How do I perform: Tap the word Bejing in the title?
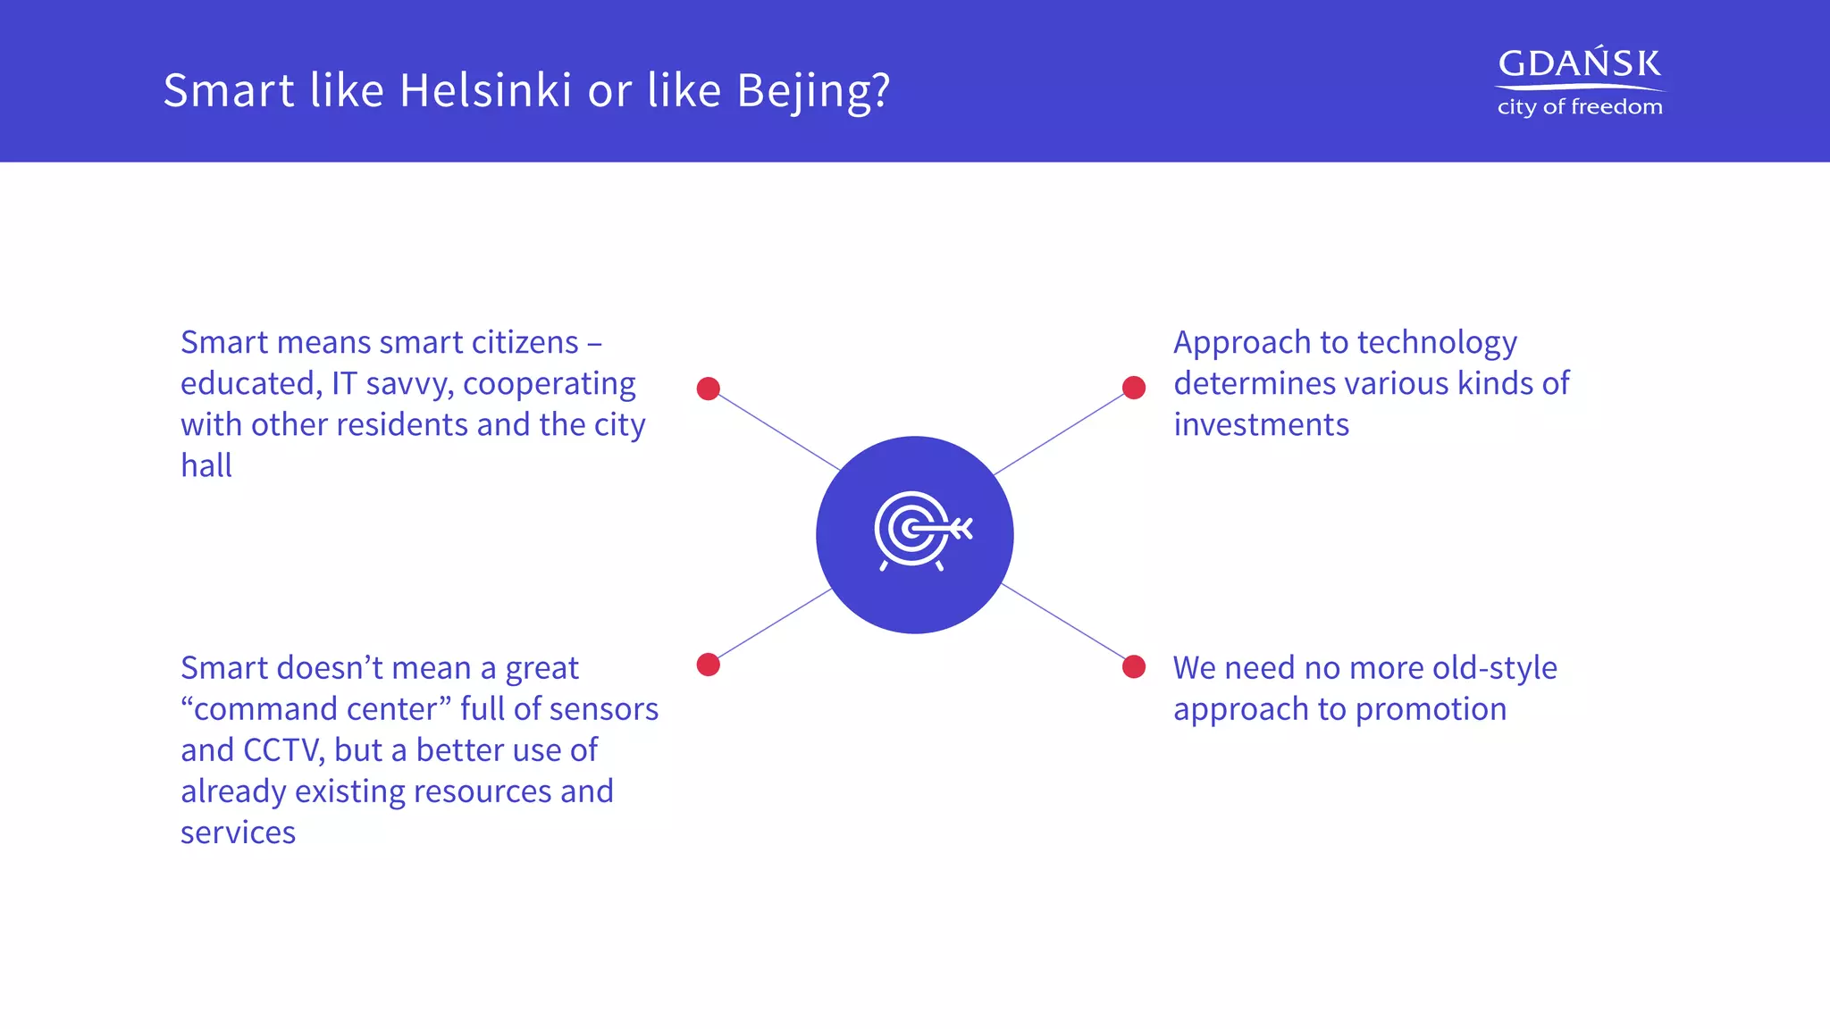pyautogui.click(x=803, y=90)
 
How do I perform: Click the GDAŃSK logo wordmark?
pyautogui.click(x=1579, y=63)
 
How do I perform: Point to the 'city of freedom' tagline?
pyautogui.click(x=1579, y=107)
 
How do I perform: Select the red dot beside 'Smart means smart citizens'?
pyautogui.click(x=709, y=389)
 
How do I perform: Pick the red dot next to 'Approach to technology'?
pyautogui.click(x=1134, y=388)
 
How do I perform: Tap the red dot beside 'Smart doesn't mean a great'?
pyautogui.click(x=709, y=665)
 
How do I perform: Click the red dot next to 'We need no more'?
pyautogui.click(x=1134, y=667)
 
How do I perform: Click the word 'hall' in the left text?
pyautogui.click(x=206, y=465)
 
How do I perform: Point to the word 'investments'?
pyautogui.click(x=1261, y=424)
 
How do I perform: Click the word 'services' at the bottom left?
pyautogui.click(x=238, y=832)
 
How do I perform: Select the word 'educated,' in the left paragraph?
pyautogui.click(x=251, y=384)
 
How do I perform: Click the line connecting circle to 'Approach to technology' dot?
pyautogui.click(x=1060, y=433)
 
